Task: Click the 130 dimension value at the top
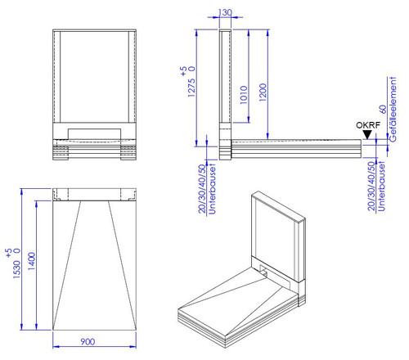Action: point(225,12)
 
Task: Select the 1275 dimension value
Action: point(191,88)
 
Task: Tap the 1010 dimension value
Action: point(244,95)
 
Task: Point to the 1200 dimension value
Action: point(263,92)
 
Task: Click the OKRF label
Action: point(368,125)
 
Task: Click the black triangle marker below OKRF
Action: point(367,135)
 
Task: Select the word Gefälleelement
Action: point(393,109)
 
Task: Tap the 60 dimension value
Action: point(383,109)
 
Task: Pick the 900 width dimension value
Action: point(88,342)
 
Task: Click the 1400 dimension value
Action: point(32,261)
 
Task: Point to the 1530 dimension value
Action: point(17,269)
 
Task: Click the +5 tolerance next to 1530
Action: point(9,253)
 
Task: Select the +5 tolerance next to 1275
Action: point(183,71)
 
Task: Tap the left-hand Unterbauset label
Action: point(212,189)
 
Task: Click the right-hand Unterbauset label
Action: point(381,187)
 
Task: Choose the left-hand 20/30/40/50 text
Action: point(202,189)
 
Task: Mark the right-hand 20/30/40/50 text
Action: point(371,187)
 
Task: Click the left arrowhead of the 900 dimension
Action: point(56,347)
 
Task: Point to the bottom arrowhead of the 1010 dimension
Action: point(249,119)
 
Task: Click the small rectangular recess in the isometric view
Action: point(263,271)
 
